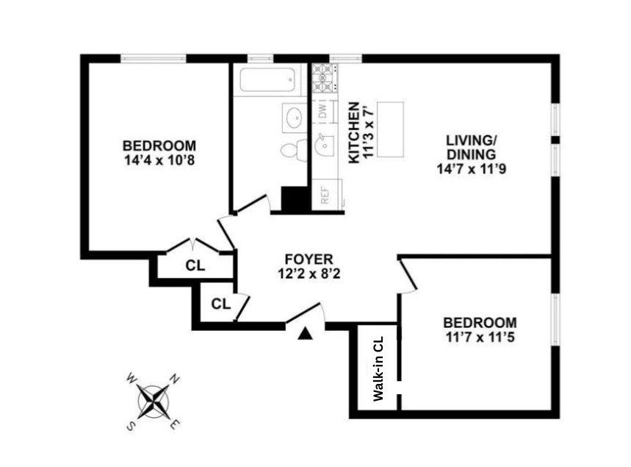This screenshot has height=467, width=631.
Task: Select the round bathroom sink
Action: [x=295, y=118]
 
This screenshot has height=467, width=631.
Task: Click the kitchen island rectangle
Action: [x=389, y=129]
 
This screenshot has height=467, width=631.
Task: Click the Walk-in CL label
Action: [x=378, y=368]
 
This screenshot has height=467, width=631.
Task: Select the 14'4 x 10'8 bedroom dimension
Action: [x=159, y=159]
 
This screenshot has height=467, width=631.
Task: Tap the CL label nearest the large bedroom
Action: [x=195, y=265]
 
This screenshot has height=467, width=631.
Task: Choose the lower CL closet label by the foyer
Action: [x=220, y=302]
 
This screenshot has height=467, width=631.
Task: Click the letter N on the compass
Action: [x=176, y=379]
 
